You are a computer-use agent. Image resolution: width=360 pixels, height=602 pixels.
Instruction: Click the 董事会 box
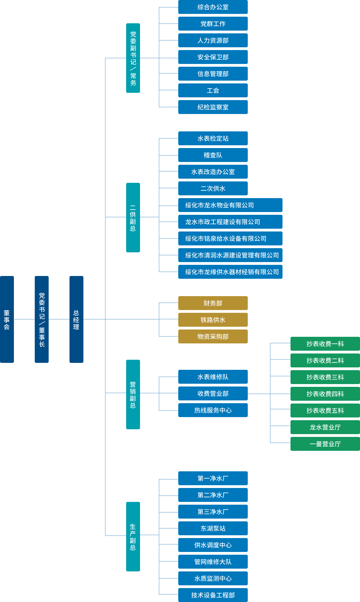pos(7,319)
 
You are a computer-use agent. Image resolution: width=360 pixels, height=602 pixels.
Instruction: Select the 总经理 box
pos(76,319)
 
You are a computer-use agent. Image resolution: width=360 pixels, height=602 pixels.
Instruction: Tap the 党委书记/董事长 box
pos(42,319)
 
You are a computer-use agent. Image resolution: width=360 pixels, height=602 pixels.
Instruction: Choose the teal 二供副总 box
pos(133,217)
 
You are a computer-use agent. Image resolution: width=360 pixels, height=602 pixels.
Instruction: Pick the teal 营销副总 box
pos(133,394)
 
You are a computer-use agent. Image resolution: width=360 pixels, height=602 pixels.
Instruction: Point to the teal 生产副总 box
pos(133,536)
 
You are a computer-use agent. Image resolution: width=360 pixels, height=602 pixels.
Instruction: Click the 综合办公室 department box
pos(213,7)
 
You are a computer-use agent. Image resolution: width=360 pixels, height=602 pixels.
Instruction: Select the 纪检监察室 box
pos(213,107)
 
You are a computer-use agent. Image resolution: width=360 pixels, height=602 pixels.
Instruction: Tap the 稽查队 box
pos(213,155)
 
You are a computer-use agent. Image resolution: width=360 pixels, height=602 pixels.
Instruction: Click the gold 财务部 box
pos(213,303)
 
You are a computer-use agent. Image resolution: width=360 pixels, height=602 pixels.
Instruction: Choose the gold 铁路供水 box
pos(213,320)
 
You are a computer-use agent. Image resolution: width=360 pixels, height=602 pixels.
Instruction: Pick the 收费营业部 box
pos(213,393)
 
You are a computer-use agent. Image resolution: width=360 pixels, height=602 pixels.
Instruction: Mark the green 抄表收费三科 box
pos(325,377)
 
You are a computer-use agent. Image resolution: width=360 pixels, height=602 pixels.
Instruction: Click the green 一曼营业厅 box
pos(325,444)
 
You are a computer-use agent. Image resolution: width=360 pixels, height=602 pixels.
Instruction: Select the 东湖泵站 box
pos(213,528)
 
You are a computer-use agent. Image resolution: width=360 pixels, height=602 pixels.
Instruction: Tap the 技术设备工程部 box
pos(213,595)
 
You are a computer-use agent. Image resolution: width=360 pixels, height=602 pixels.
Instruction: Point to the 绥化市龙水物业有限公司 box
pos(230,205)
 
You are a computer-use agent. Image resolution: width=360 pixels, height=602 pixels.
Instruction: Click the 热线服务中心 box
pos(213,410)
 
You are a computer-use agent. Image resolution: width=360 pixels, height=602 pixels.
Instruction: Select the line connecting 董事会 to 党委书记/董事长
pos(24,319)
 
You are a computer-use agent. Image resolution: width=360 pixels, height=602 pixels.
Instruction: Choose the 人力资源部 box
pos(213,40)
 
